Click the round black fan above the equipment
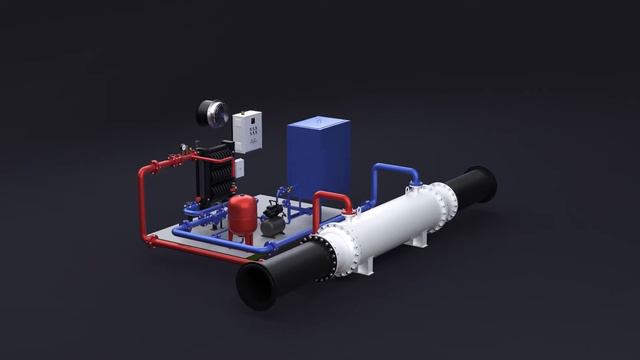pyautogui.click(x=212, y=111)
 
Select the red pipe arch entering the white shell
pyautogui.click(x=332, y=200)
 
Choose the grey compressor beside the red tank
pyautogui.click(x=271, y=224)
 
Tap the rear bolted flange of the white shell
pyautogui.click(x=444, y=205)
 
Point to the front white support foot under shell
pyautogui.click(x=365, y=264)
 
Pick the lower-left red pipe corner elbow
pyautogui.click(x=146, y=238)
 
